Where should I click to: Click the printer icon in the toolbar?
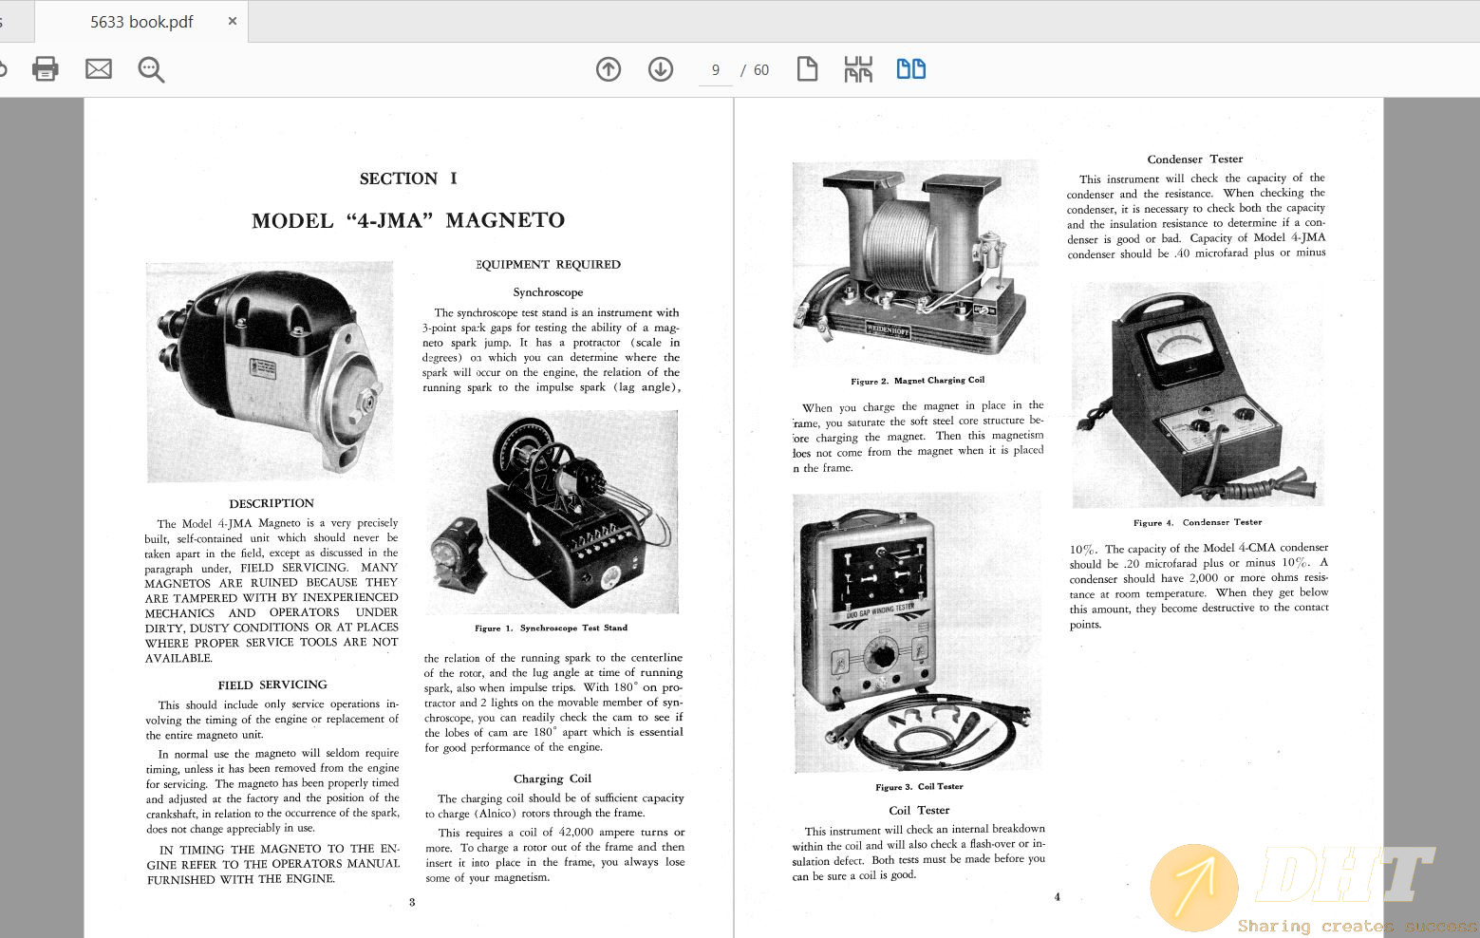(x=45, y=69)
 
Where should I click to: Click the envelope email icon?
(x=99, y=69)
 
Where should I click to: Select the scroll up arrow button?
(x=609, y=69)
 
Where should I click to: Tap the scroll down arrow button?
(x=661, y=69)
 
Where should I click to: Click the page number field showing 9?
(x=715, y=70)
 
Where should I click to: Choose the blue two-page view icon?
(x=911, y=69)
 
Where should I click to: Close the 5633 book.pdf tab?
(x=233, y=21)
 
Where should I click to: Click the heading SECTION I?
(x=408, y=178)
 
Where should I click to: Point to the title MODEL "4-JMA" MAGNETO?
(x=408, y=221)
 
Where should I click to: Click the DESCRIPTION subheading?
(x=272, y=503)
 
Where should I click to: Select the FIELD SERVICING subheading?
(x=272, y=685)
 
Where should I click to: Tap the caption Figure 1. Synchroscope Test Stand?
(x=551, y=628)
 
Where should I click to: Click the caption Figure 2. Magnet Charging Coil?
(x=917, y=381)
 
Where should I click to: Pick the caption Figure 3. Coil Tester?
(x=919, y=787)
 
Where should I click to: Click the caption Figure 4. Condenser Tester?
(x=1197, y=522)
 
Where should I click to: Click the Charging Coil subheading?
(x=553, y=779)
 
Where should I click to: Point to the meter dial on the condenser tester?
(x=1179, y=347)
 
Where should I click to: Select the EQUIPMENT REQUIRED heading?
(x=548, y=265)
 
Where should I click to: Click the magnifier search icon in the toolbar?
(x=151, y=69)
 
